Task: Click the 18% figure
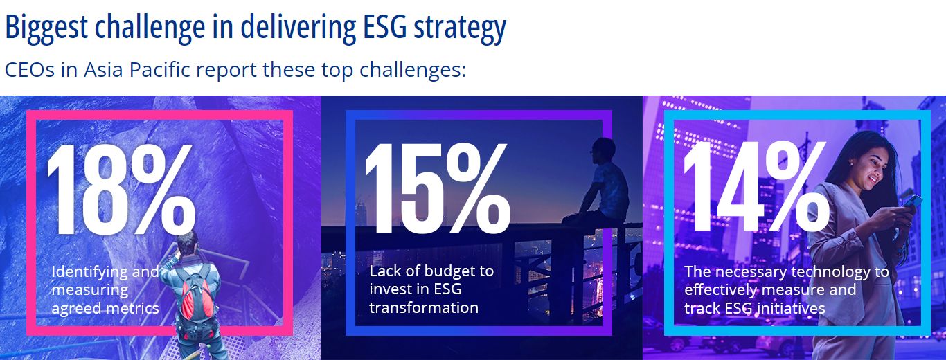pyautogui.click(x=121, y=190)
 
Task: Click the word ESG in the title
pyautogui.click(x=384, y=26)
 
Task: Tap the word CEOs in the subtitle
pyautogui.click(x=30, y=70)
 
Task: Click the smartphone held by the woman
pyautogui.click(x=912, y=201)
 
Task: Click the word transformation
pyautogui.click(x=424, y=307)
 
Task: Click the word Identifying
pyautogui.click(x=90, y=272)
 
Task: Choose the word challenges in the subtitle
pyautogui.click(x=413, y=71)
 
